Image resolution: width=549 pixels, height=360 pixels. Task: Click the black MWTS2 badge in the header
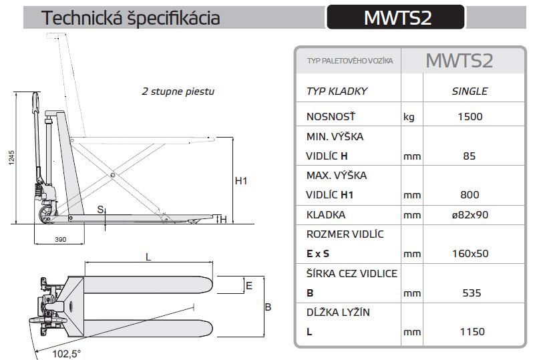(395, 17)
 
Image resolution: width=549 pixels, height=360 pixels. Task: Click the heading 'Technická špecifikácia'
(130, 18)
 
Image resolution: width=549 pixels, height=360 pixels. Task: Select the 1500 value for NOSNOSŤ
(470, 117)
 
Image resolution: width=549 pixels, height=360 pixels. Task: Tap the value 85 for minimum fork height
(470, 156)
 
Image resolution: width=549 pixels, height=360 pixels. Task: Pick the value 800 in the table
(470, 195)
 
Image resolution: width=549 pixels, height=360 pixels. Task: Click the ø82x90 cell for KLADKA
(470, 215)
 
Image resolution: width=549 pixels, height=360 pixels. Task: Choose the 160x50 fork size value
(470, 254)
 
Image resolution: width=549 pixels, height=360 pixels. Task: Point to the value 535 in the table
(470, 293)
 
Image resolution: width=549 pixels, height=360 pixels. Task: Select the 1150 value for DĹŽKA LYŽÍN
(470, 331)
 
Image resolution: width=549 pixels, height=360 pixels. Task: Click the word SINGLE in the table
(470, 92)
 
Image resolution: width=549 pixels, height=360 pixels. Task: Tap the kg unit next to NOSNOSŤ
(409, 117)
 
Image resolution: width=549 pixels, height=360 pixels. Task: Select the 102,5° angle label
(67, 353)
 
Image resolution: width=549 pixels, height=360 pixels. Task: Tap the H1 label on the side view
(242, 181)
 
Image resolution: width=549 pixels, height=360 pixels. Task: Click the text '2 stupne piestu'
(178, 91)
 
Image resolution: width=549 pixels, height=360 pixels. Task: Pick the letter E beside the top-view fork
(248, 285)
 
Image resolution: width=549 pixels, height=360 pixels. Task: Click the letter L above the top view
(148, 256)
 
